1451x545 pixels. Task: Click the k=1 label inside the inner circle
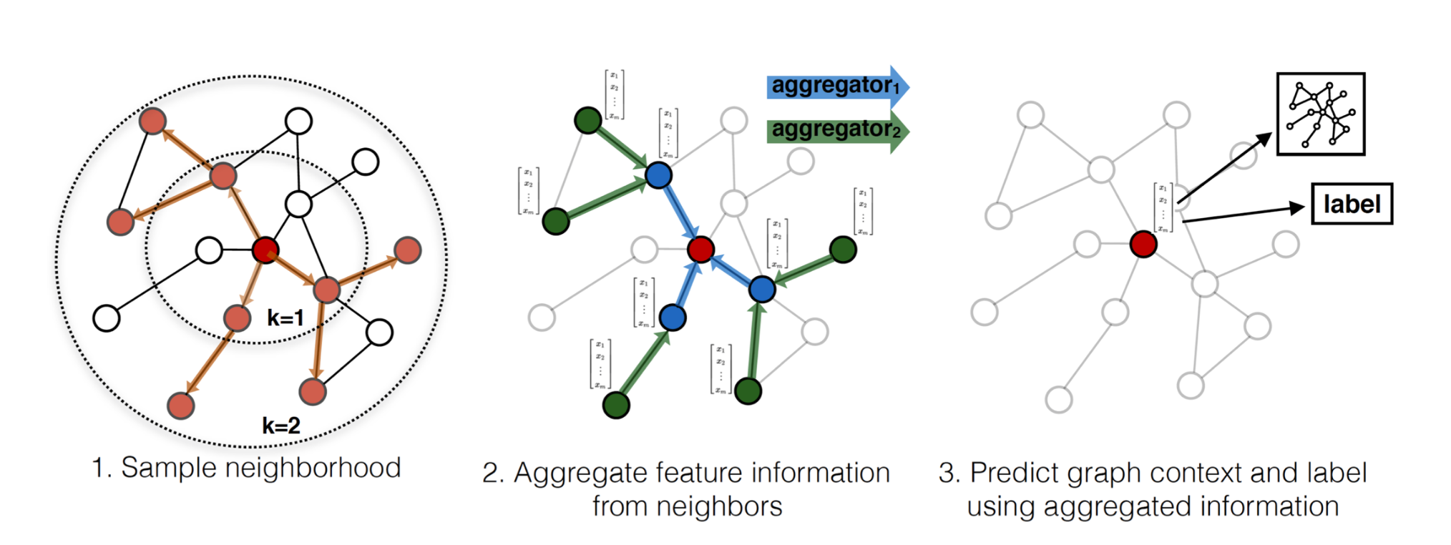pyautogui.click(x=285, y=318)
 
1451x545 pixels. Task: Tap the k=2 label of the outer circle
pyautogui.click(x=280, y=426)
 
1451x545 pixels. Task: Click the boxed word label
pyautogui.click(x=1351, y=205)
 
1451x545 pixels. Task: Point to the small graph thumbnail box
pyautogui.click(x=1321, y=114)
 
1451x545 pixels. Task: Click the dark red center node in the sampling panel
pyautogui.click(x=265, y=250)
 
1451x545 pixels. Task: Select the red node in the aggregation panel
pyautogui.click(x=700, y=249)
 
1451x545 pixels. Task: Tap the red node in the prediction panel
pyautogui.click(x=1143, y=244)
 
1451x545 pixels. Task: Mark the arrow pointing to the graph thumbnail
pyautogui.click(x=1224, y=168)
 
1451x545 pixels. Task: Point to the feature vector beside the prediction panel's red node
pyautogui.click(x=1163, y=208)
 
